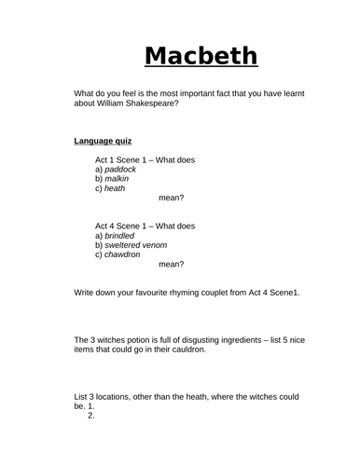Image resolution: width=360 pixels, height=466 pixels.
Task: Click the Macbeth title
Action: (201, 57)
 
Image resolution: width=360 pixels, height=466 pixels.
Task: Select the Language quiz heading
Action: (103, 142)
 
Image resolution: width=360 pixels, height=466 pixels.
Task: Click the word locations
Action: (117, 397)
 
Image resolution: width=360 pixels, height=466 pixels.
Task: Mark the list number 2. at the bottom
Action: (91, 415)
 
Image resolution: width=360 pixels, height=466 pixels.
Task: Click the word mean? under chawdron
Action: (172, 265)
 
